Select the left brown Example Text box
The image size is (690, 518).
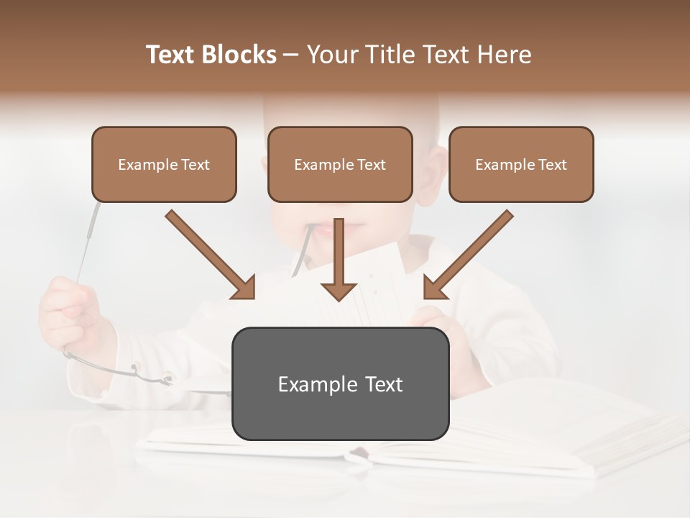point(164,164)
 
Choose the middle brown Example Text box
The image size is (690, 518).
point(340,164)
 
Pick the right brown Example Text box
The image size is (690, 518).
point(521,164)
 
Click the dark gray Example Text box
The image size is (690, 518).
point(340,383)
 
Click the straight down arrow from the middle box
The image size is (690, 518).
point(339,259)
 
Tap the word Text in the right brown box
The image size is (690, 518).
point(553,165)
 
